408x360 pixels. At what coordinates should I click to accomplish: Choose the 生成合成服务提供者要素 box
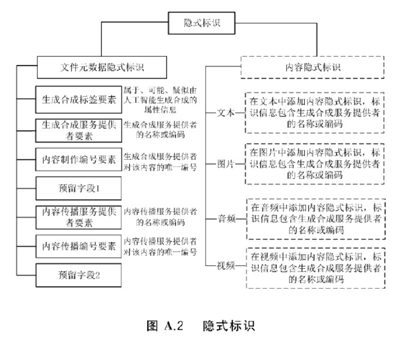pyautogui.click(x=79, y=129)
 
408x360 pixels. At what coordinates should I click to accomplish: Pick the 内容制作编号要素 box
pyautogui.click(x=79, y=159)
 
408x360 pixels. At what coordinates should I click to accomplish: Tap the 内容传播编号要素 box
pyautogui.click(x=79, y=246)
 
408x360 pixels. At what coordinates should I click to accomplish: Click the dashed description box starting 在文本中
pyautogui.click(x=315, y=113)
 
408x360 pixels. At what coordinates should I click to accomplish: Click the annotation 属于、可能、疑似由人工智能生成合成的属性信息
pyautogui.click(x=160, y=98)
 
